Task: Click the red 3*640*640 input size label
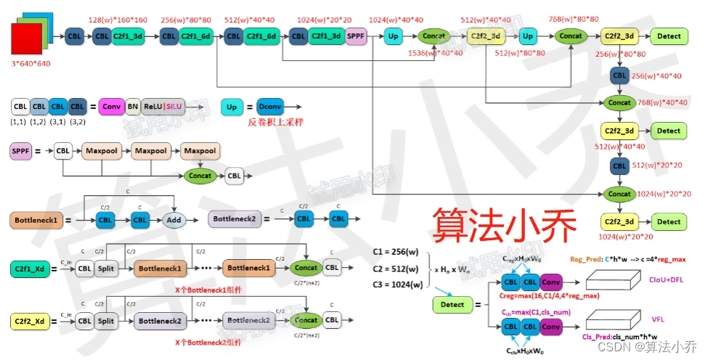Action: [30, 64]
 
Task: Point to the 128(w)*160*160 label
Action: [117, 20]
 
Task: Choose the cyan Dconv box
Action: [268, 107]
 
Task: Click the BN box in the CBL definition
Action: [132, 107]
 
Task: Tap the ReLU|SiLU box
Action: [163, 107]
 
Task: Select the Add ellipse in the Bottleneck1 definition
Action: [174, 219]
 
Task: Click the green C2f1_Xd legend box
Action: [30, 269]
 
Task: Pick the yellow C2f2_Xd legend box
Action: [30, 320]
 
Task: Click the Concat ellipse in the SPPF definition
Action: [200, 176]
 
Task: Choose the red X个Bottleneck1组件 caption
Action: [209, 290]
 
